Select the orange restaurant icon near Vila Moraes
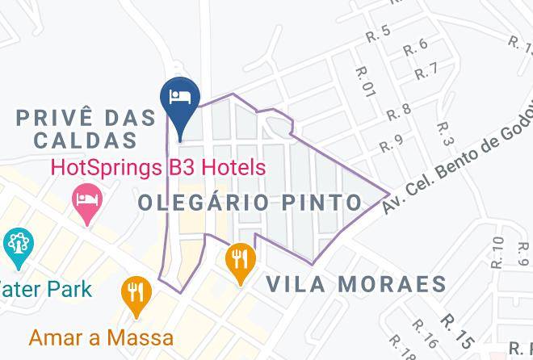pos(240,260)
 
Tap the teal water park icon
pos(17,245)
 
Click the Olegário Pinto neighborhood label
pos(250,202)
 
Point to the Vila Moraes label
pos(355,283)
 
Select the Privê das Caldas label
pos(86,128)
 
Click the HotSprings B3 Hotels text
pos(157,168)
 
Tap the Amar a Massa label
pos(101,337)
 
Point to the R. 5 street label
pos(378,33)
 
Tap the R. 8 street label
pos(399,111)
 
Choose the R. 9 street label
pos(391,144)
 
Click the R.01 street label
pos(365,83)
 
